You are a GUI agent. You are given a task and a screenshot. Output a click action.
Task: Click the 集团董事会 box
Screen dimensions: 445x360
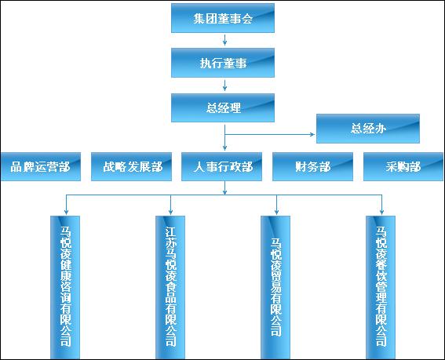point(223,18)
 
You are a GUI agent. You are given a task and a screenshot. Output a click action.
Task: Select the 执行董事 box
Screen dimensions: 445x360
point(223,63)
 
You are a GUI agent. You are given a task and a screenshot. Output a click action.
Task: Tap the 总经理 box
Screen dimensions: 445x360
point(223,107)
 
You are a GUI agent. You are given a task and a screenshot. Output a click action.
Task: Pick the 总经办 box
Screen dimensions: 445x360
point(368,129)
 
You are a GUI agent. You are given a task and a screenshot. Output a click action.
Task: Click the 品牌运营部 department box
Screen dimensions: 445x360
point(41,166)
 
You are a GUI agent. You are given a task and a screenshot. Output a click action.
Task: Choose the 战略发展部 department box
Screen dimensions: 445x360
point(131,166)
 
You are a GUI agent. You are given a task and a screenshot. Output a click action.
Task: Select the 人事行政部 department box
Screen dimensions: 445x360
point(221,166)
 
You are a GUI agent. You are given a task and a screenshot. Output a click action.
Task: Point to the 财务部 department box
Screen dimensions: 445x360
point(312,166)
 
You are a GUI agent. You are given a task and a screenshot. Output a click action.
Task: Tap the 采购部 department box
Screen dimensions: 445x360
point(403,166)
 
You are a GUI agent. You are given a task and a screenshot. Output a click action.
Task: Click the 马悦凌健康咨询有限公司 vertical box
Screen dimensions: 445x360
point(65,287)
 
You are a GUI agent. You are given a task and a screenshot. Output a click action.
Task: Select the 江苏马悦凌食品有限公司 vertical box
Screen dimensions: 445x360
point(170,287)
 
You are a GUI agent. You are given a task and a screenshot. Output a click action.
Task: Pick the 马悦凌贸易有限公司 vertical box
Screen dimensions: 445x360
point(275,287)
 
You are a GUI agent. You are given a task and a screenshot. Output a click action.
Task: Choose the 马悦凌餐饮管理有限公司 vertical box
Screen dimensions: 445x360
point(381,287)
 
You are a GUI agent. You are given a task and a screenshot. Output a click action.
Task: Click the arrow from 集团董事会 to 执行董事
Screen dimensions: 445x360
point(224,40)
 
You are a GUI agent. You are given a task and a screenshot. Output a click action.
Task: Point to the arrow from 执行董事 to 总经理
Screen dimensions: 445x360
point(224,85)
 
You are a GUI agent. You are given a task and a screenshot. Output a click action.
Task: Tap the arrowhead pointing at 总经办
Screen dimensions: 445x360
point(312,134)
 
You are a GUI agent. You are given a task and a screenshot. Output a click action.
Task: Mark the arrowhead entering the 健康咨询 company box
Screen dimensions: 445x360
point(66,212)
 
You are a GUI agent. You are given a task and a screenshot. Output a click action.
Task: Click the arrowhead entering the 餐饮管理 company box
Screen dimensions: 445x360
point(381,212)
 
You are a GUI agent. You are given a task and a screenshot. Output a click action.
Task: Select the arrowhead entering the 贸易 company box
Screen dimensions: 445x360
point(276,212)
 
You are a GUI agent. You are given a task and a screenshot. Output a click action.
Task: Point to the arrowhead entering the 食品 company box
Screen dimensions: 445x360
point(170,212)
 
